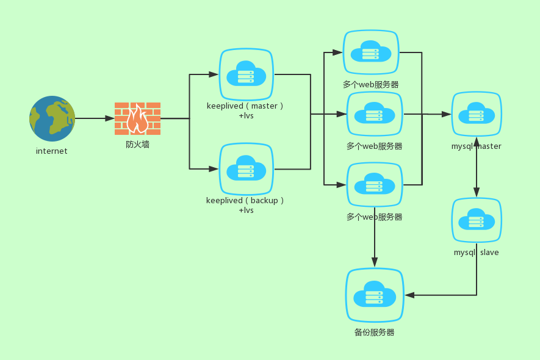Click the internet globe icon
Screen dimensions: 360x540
(52, 118)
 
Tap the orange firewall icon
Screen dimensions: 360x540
(137, 118)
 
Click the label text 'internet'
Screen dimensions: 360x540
(52, 151)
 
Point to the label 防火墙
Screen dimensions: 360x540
(137, 145)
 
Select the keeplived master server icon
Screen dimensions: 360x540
(246, 74)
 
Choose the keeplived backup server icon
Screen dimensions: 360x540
(246, 169)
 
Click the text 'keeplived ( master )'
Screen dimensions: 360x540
(245, 106)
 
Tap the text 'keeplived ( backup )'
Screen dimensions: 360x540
(245, 200)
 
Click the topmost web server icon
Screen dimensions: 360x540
(370, 52)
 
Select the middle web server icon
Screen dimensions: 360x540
(375, 113)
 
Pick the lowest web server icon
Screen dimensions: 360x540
(375, 184)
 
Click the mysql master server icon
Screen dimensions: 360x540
(477, 114)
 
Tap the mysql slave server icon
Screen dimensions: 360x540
(477, 220)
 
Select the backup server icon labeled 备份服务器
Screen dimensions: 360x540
(375, 295)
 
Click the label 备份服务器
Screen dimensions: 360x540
(375, 333)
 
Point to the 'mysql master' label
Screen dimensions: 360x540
(477, 146)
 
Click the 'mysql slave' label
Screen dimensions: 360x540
(477, 252)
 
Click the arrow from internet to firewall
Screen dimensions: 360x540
(94, 118)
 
